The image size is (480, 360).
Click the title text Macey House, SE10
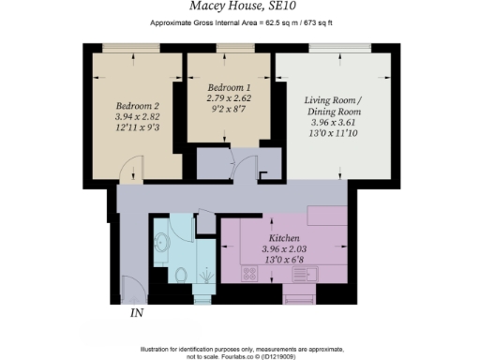coord(239,7)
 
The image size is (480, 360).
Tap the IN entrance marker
coord(137,313)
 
